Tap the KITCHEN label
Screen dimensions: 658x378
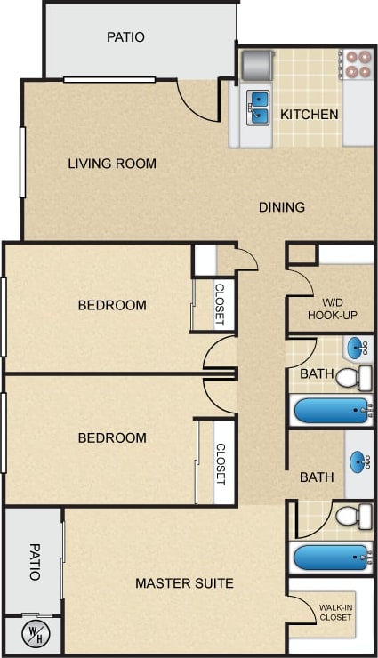309,115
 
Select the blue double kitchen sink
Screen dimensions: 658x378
259,107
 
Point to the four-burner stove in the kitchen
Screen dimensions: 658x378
358,64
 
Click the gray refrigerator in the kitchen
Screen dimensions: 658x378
255,64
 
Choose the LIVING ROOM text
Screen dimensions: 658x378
112,164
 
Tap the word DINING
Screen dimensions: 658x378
282,207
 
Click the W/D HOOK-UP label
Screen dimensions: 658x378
332,308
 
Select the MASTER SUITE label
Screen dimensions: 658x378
184,583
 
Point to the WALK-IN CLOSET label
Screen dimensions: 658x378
334,613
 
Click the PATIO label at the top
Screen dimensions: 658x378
125,37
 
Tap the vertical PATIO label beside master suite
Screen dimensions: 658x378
35,562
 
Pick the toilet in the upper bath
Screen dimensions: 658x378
352,378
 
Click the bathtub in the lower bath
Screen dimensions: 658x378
331,558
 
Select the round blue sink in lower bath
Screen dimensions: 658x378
358,461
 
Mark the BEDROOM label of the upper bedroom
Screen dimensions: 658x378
112,305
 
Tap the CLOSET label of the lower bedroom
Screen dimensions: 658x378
221,464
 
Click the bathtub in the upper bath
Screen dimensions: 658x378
331,411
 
